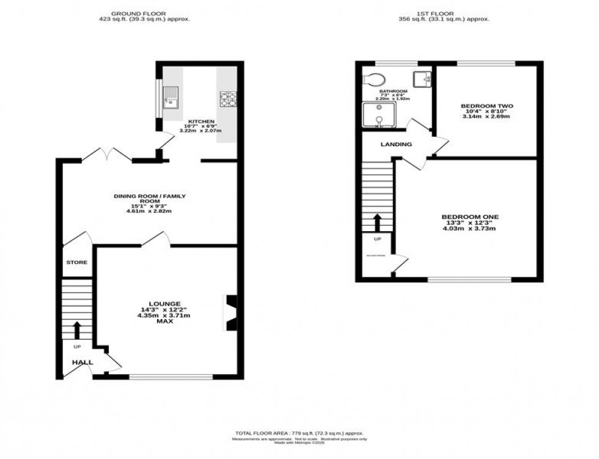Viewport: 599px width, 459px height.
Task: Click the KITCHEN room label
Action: [201, 122]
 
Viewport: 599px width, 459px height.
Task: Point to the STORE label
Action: [77, 262]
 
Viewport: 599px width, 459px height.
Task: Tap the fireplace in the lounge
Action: [232, 312]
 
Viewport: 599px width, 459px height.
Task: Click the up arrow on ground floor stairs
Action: [77, 330]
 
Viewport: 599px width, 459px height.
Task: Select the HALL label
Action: [83, 362]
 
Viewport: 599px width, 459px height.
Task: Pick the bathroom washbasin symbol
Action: [422, 79]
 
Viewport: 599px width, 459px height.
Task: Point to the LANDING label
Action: [396, 145]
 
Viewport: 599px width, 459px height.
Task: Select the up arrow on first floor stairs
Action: [377, 221]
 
